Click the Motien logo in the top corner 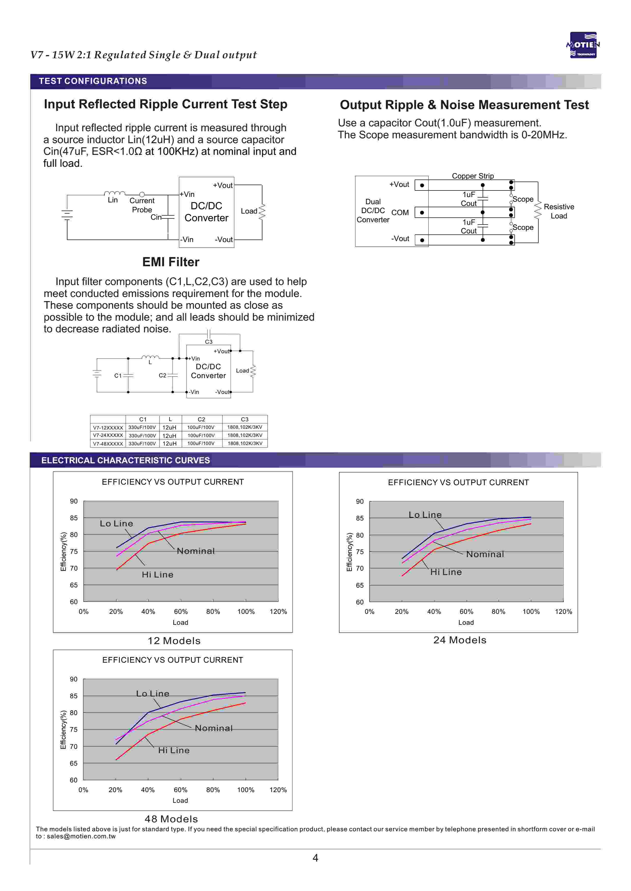click(x=583, y=45)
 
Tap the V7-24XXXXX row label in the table click(x=108, y=435)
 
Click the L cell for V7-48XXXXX click(x=170, y=443)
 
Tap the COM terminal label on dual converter click(x=400, y=213)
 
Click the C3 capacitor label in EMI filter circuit click(x=209, y=342)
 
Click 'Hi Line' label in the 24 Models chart click(x=446, y=572)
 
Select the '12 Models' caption click(x=174, y=641)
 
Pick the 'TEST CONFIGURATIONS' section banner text click(x=93, y=81)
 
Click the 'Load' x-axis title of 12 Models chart click(x=180, y=622)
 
